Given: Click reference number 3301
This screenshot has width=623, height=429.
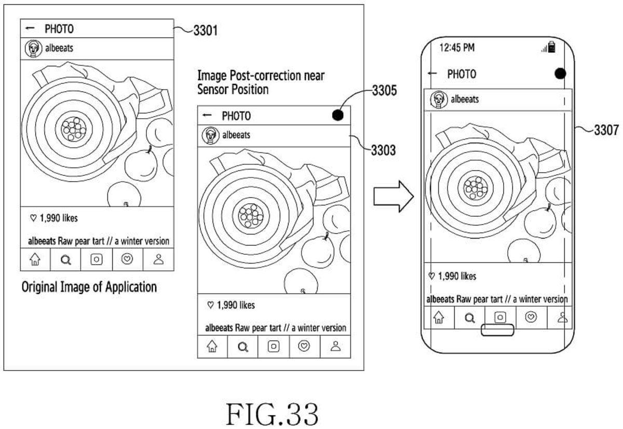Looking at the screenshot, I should tap(205, 31).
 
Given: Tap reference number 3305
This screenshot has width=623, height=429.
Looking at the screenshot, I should tap(385, 92).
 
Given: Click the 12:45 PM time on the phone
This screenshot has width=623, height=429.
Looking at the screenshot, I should tap(457, 48).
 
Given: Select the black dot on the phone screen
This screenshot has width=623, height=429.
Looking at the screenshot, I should tap(560, 74).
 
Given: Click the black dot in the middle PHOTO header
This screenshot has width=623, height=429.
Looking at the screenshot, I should tap(338, 115).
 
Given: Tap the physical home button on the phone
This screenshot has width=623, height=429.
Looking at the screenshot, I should tap(497, 330).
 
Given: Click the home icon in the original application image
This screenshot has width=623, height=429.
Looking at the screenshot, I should tap(35, 259).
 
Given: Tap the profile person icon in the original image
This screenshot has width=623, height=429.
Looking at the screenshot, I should tap(158, 259).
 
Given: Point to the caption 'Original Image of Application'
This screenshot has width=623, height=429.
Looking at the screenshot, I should tap(89, 287).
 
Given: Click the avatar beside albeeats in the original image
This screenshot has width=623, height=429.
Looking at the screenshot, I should tap(33, 48).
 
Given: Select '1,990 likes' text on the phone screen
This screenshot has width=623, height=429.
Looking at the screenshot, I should tap(452, 276).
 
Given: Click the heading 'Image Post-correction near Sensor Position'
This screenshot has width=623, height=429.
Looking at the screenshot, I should tap(261, 82).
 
